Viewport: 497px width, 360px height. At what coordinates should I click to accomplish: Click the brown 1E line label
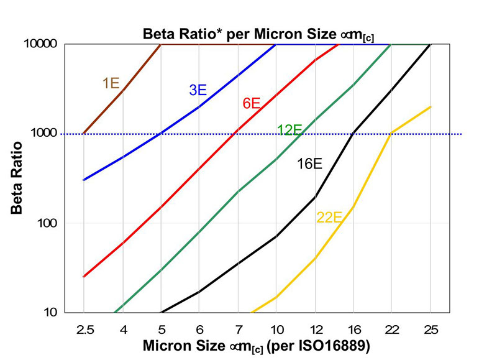point(111,83)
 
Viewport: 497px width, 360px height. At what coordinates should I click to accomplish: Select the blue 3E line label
point(198,90)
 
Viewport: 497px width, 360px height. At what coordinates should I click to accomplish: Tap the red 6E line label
point(251,104)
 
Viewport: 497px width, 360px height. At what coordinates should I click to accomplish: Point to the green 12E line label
point(290,130)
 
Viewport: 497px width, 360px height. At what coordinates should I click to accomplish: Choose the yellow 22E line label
point(329,218)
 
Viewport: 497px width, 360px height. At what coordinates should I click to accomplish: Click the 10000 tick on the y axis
point(43,45)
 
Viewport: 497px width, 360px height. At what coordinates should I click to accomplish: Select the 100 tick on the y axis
point(48,223)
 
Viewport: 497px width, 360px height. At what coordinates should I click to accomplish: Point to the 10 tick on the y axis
point(50,312)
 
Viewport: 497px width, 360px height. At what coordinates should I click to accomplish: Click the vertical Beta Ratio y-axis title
point(17,178)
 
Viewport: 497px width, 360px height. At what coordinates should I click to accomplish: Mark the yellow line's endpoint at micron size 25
point(431,107)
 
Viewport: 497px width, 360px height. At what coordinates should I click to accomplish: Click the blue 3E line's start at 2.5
point(83,180)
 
